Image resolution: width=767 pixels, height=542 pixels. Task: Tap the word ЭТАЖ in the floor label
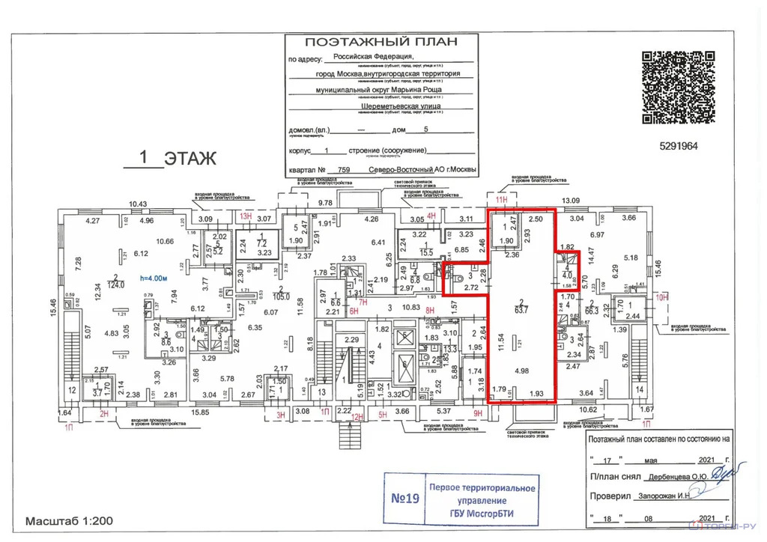(x=190, y=159)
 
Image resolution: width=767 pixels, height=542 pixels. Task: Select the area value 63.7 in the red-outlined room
(x=520, y=306)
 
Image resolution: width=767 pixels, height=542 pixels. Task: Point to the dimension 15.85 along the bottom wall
(x=199, y=412)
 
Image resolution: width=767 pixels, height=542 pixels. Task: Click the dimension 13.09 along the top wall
(x=572, y=201)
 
